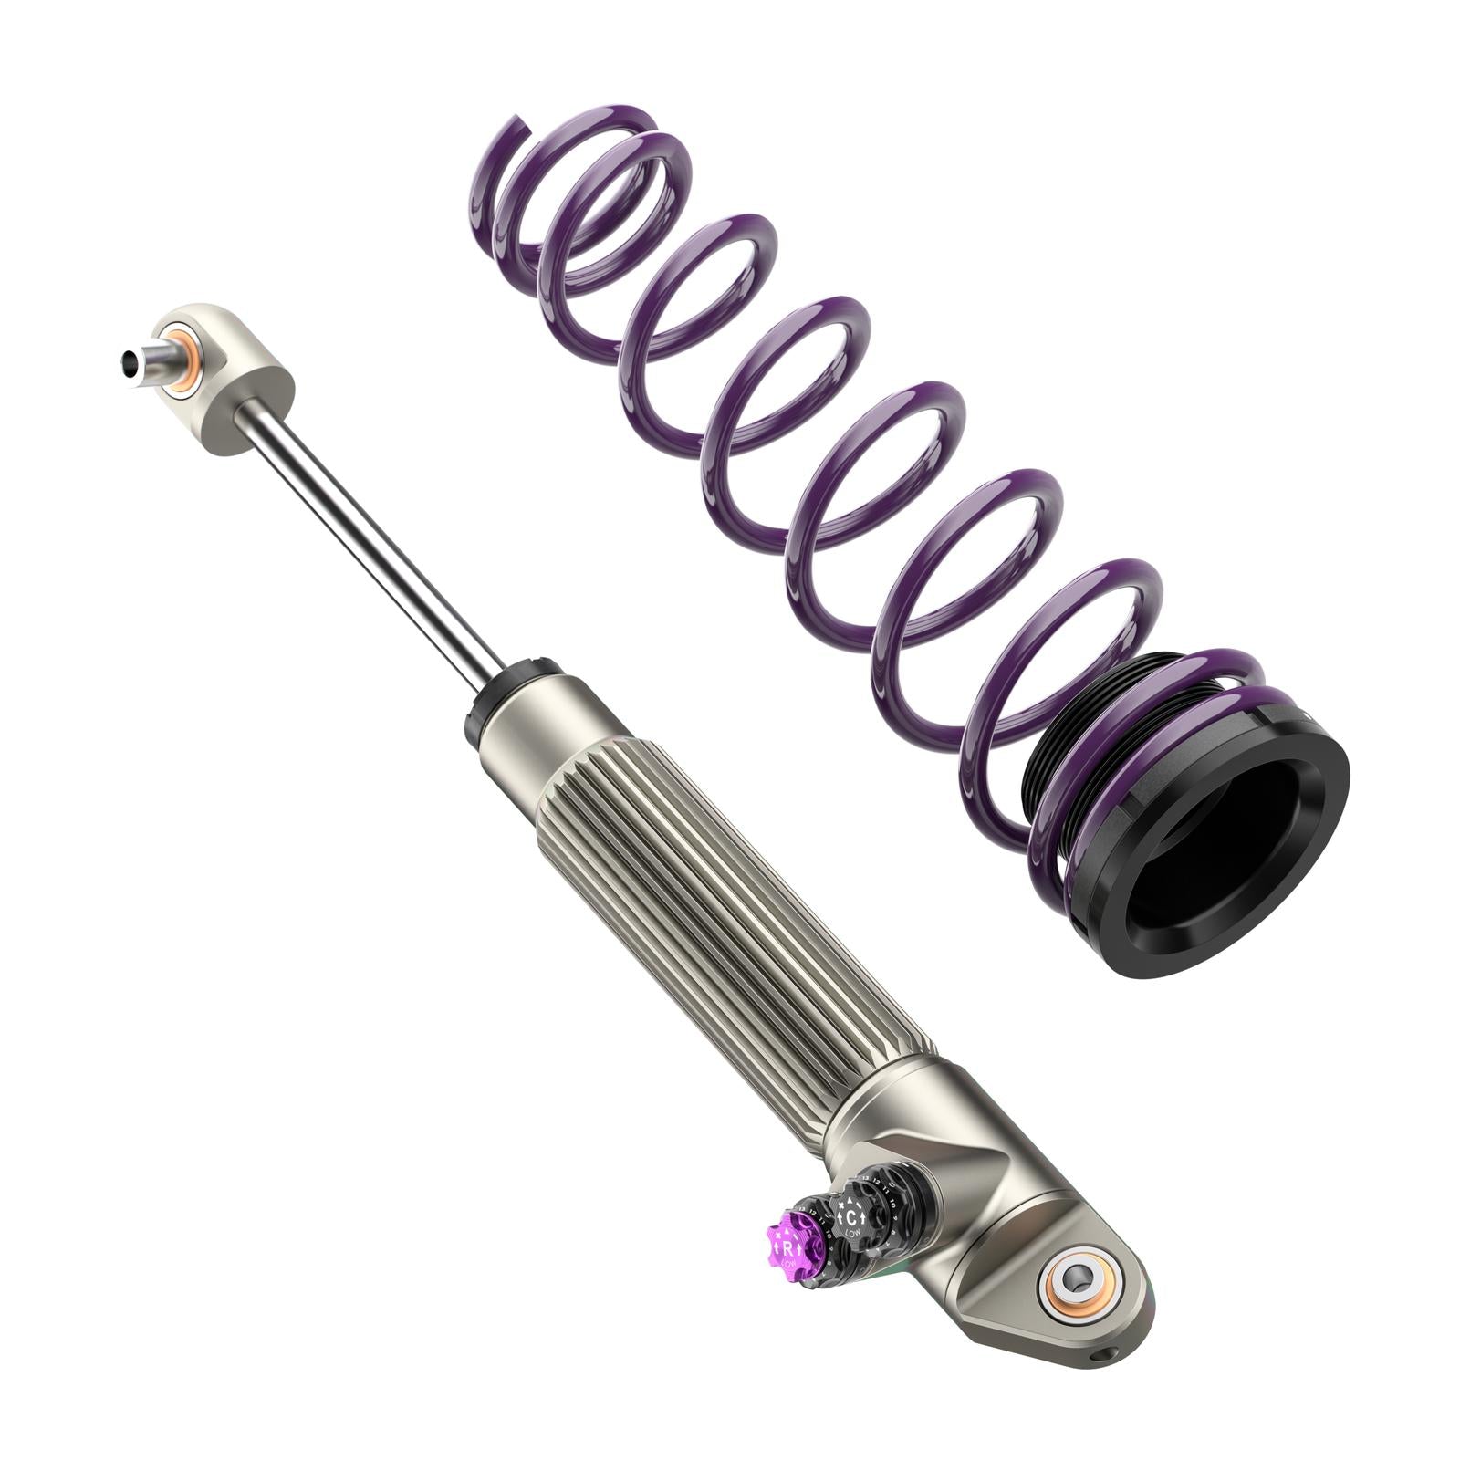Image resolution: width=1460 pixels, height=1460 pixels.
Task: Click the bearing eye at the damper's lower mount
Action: pyautogui.click(x=1081, y=1288)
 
